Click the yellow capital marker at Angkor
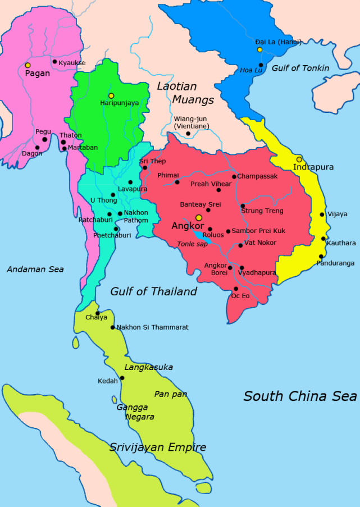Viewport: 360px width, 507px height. pyautogui.click(x=198, y=217)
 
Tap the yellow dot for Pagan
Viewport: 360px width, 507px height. pyautogui.click(x=28, y=65)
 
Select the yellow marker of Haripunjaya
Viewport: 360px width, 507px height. pyautogui.click(x=111, y=95)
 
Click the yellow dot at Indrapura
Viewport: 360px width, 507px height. pyautogui.click(x=299, y=159)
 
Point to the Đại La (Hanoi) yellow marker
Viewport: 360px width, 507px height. pyautogui.click(x=259, y=50)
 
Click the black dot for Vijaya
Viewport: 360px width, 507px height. pyautogui.click(x=322, y=214)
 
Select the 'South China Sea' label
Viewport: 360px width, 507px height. pyautogui.click(x=300, y=396)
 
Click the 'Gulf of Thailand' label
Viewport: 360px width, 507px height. pyautogui.click(x=153, y=291)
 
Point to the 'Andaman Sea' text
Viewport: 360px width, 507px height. pyautogui.click(x=35, y=270)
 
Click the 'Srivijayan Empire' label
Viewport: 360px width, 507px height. pyautogui.click(x=157, y=447)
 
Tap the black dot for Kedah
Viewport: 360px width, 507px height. pyautogui.click(x=122, y=378)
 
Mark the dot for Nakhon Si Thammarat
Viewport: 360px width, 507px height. pyautogui.click(x=112, y=327)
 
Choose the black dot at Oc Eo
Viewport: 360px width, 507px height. pyautogui.click(x=235, y=289)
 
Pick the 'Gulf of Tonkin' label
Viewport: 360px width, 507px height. pyautogui.click(x=300, y=68)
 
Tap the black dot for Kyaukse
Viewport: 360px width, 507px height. pyautogui.click(x=54, y=62)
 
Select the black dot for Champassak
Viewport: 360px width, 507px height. pyautogui.click(x=234, y=177)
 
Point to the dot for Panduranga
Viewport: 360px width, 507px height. pyautogui.click(x=321, y=257)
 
